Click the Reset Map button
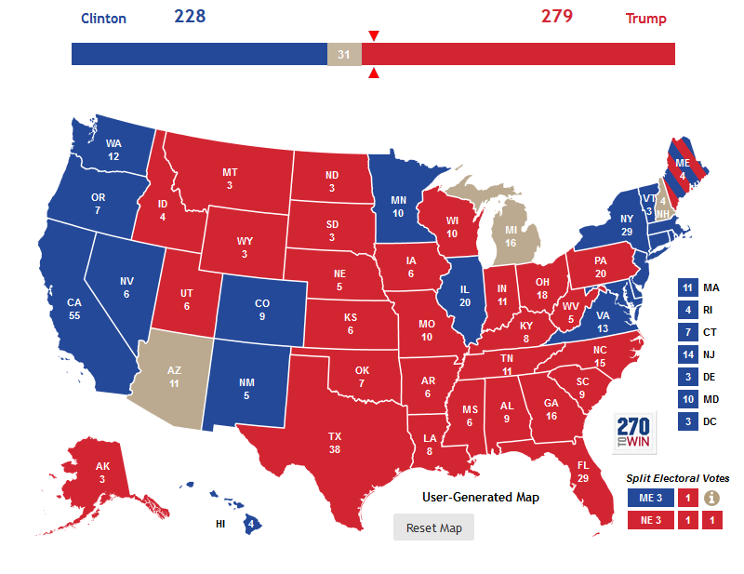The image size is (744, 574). (433, 527)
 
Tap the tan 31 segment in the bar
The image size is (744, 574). (344, 54)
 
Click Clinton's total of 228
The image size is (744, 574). (190, 17)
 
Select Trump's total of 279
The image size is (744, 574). (557, 17)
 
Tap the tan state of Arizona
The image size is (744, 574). (175, 377)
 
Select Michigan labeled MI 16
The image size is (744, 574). (510, 236)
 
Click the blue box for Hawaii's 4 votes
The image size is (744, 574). (249, 524)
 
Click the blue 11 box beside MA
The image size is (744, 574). (687, 288)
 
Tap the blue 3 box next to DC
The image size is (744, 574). (687, 422)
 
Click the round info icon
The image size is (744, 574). (712, 498)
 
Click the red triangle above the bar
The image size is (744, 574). (374, 36)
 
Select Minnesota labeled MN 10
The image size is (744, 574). (398, 206)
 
